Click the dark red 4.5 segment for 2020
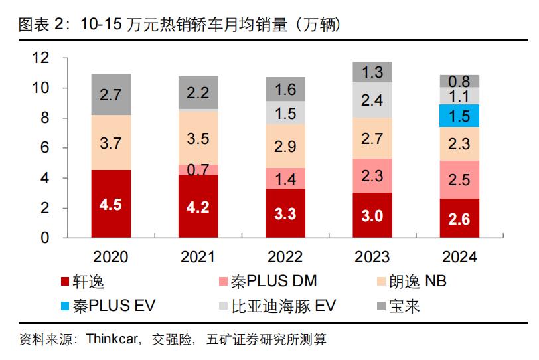click(x=111, y=204)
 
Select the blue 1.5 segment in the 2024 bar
click(x=459, y=115)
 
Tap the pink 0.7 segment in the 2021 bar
click(x=198, y=169)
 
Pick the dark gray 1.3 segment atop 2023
click(x=372, y=72)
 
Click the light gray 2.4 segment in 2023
click(x=372, y=100)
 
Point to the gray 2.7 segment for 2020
click(x=111, y=94)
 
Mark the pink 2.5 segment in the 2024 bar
click(x=459, y=179)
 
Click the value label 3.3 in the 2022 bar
click(x=285, y=214)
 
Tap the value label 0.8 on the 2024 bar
click(x=459, y=82)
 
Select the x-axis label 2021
click(x=198, y=257)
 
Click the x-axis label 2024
click(x=459, y=257)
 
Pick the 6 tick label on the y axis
click(x=45, y=148)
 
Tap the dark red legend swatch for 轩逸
click(x=64, y=282)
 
